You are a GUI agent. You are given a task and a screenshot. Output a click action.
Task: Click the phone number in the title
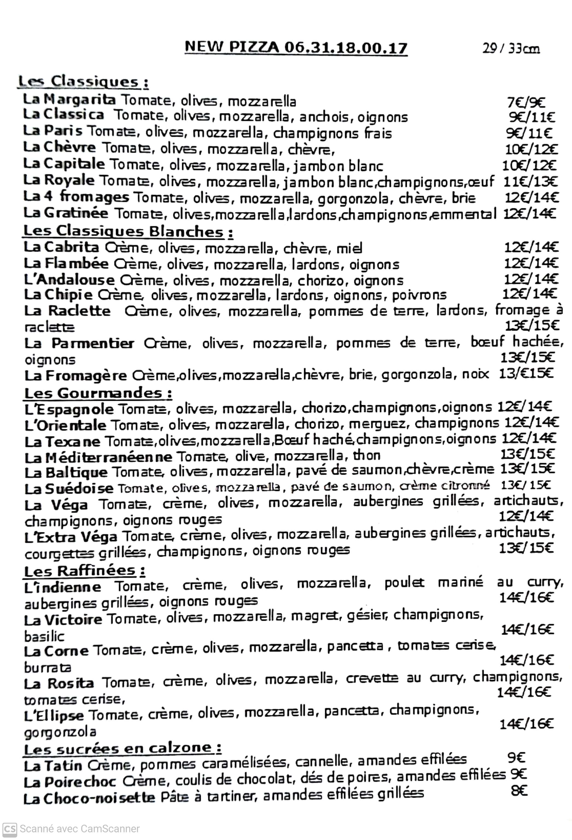tap(346, 48)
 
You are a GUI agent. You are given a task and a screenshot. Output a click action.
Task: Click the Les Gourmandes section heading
tap(98, 393)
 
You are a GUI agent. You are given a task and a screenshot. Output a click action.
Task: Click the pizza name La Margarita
tap(69, 100)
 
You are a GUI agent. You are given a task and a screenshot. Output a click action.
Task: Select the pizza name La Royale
tap(59, 180)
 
